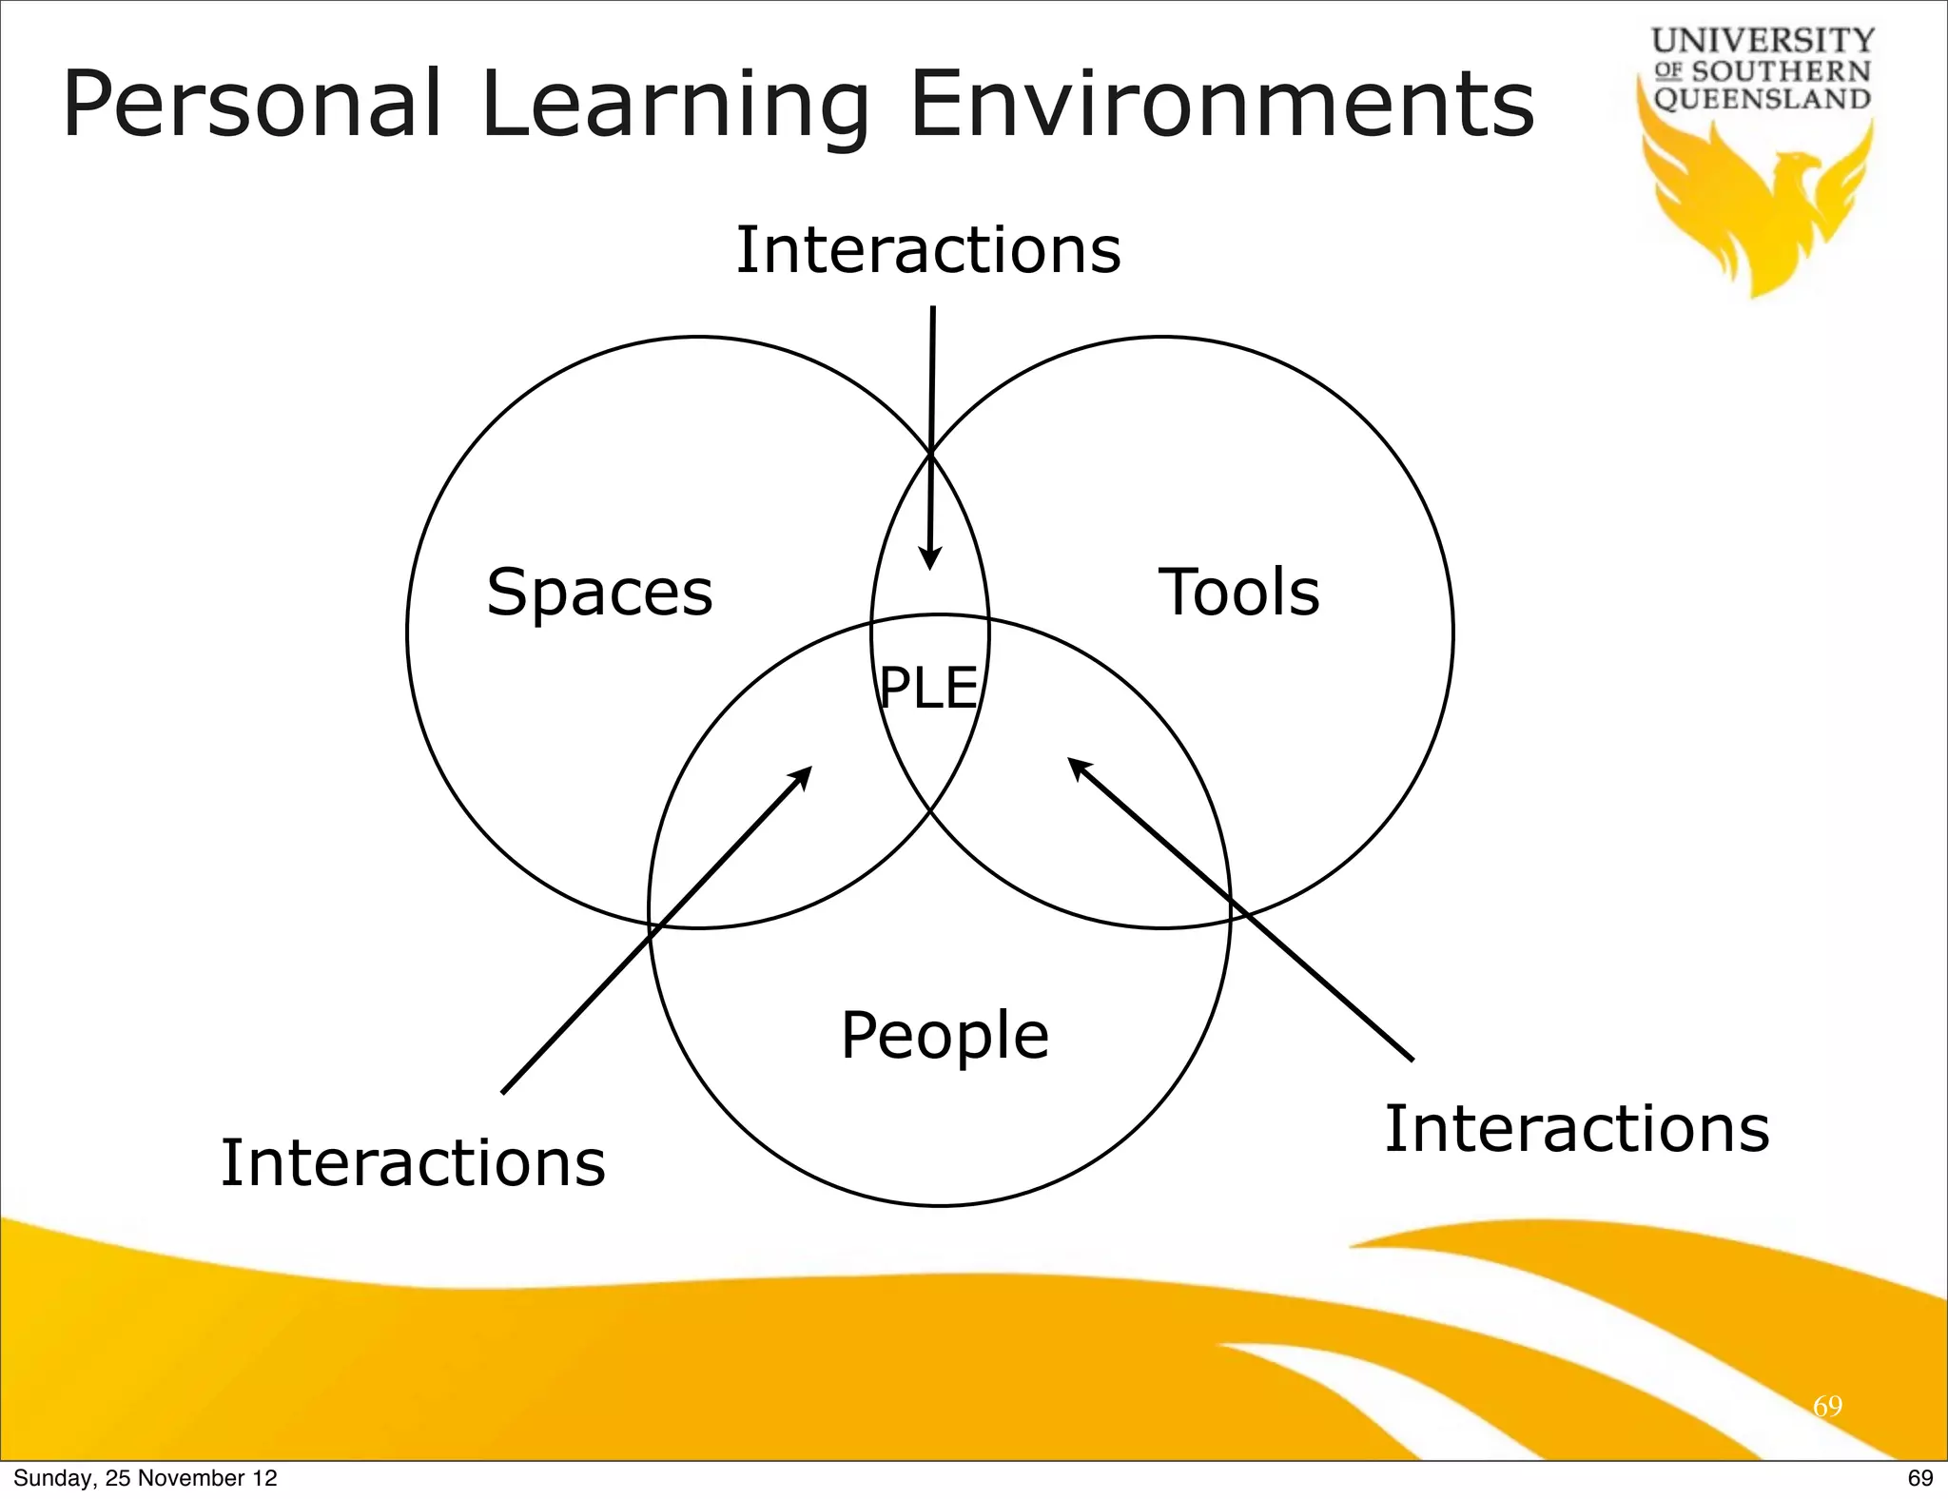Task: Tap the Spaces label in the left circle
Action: (599, 593)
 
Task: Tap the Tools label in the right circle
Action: (1238, 592)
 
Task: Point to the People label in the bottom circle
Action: (945, 1036)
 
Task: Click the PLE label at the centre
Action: (928, 688)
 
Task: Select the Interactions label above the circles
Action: (928, 249)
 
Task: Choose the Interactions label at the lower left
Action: (413, 1162)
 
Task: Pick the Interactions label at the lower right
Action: (1576, 1128)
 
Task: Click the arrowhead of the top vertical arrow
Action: (930, 558)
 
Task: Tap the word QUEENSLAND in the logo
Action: (1763, 99)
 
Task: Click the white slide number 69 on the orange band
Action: (1827, 1406)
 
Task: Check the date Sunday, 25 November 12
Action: (146, 1478)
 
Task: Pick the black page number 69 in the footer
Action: (1919, 1478)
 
